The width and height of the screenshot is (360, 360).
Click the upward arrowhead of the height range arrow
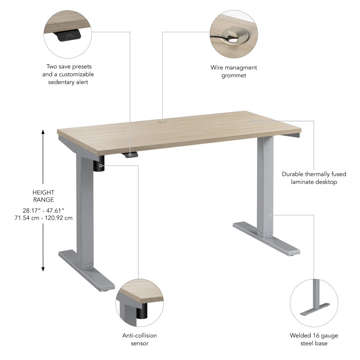pos(43,132)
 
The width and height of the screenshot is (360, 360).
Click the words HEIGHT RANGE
pos(43,196)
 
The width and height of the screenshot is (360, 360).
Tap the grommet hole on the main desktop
pos(162,121)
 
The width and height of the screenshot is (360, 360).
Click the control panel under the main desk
pos(131,154)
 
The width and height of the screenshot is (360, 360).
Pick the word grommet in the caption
pos(234,76)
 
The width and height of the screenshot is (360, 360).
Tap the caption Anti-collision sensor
pos(140,339)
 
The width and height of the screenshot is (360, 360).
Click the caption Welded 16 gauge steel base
pos(314,339)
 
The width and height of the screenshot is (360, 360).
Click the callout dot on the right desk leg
pos(270,215)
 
